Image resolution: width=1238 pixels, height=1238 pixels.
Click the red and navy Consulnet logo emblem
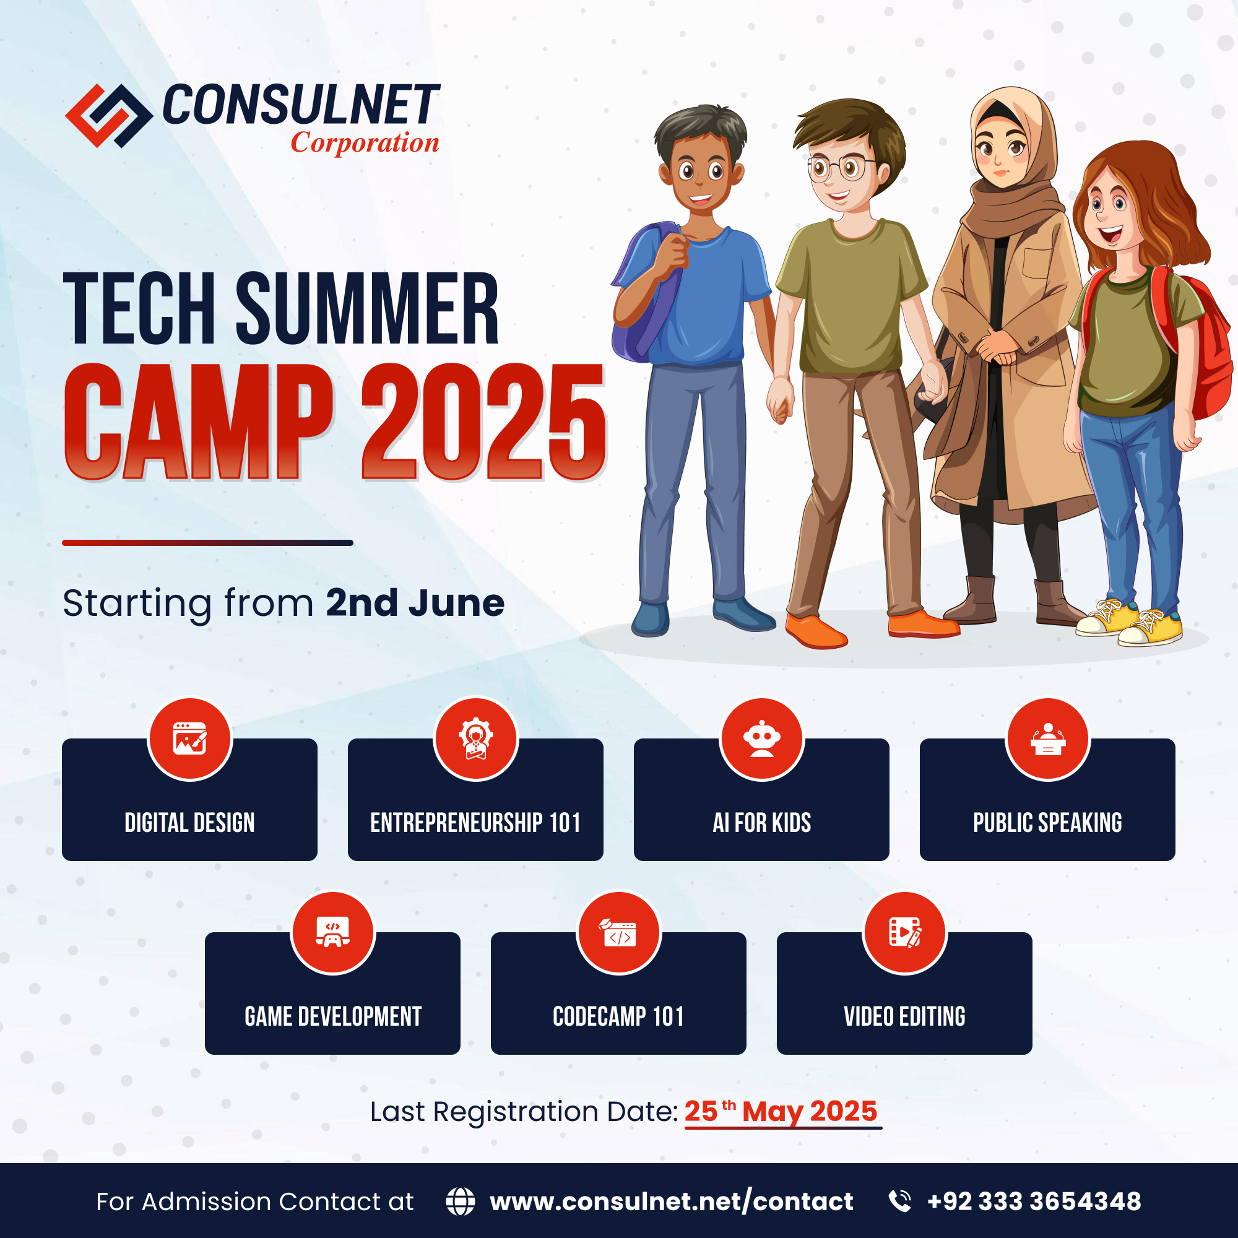109,116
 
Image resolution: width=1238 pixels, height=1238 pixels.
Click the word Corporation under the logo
365,143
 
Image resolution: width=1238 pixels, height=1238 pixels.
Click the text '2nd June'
415,604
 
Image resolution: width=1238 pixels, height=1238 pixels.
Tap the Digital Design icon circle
189,739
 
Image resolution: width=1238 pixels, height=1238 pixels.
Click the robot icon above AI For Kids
761,739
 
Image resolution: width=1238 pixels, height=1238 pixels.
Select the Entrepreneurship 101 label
475,823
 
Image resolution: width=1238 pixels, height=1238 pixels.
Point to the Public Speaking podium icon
1048,739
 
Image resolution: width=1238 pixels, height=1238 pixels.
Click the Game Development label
332,1016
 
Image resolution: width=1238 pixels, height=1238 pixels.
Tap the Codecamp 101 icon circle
618,933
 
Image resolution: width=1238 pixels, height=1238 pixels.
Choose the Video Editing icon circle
905,933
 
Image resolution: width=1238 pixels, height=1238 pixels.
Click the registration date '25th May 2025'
781,1112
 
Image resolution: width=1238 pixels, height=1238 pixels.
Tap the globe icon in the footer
460,1201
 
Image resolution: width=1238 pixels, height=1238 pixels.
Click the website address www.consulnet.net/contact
671,1201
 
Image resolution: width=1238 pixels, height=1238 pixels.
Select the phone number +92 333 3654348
1034,1201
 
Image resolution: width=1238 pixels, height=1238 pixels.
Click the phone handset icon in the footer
900,1201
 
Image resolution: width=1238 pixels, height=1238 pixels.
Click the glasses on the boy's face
841,168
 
